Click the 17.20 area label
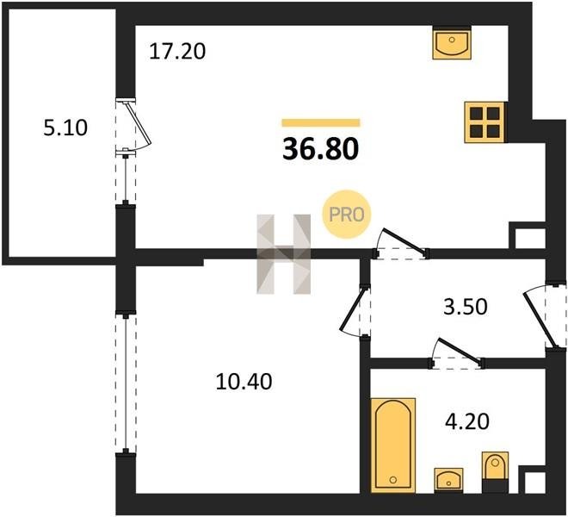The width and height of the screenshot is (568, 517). coord(177,51)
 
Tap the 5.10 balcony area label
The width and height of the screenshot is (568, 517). coord(65,128)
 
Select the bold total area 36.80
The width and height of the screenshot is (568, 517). coord(321,149)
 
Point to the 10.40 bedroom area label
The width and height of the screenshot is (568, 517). coord(244,382)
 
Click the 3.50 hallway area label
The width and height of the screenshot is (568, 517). coord(466,307)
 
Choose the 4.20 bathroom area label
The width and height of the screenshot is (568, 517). coord(467,421)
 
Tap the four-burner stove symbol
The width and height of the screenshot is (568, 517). coord(485,121)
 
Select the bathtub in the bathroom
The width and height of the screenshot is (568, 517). coord(393,445)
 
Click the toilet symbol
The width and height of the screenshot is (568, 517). coord(495,471)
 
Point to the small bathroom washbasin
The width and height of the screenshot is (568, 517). coord(449,480)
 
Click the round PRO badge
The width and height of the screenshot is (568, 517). coord(347,215)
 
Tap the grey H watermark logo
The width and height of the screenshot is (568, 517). coord(284,253)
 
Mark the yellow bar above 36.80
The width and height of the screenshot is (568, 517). coord(321,122)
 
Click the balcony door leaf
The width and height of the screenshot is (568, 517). coord(138,123)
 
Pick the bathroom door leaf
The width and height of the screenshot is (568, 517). coord(460,351)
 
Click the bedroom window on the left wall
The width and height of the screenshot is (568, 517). coord(126,383)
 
